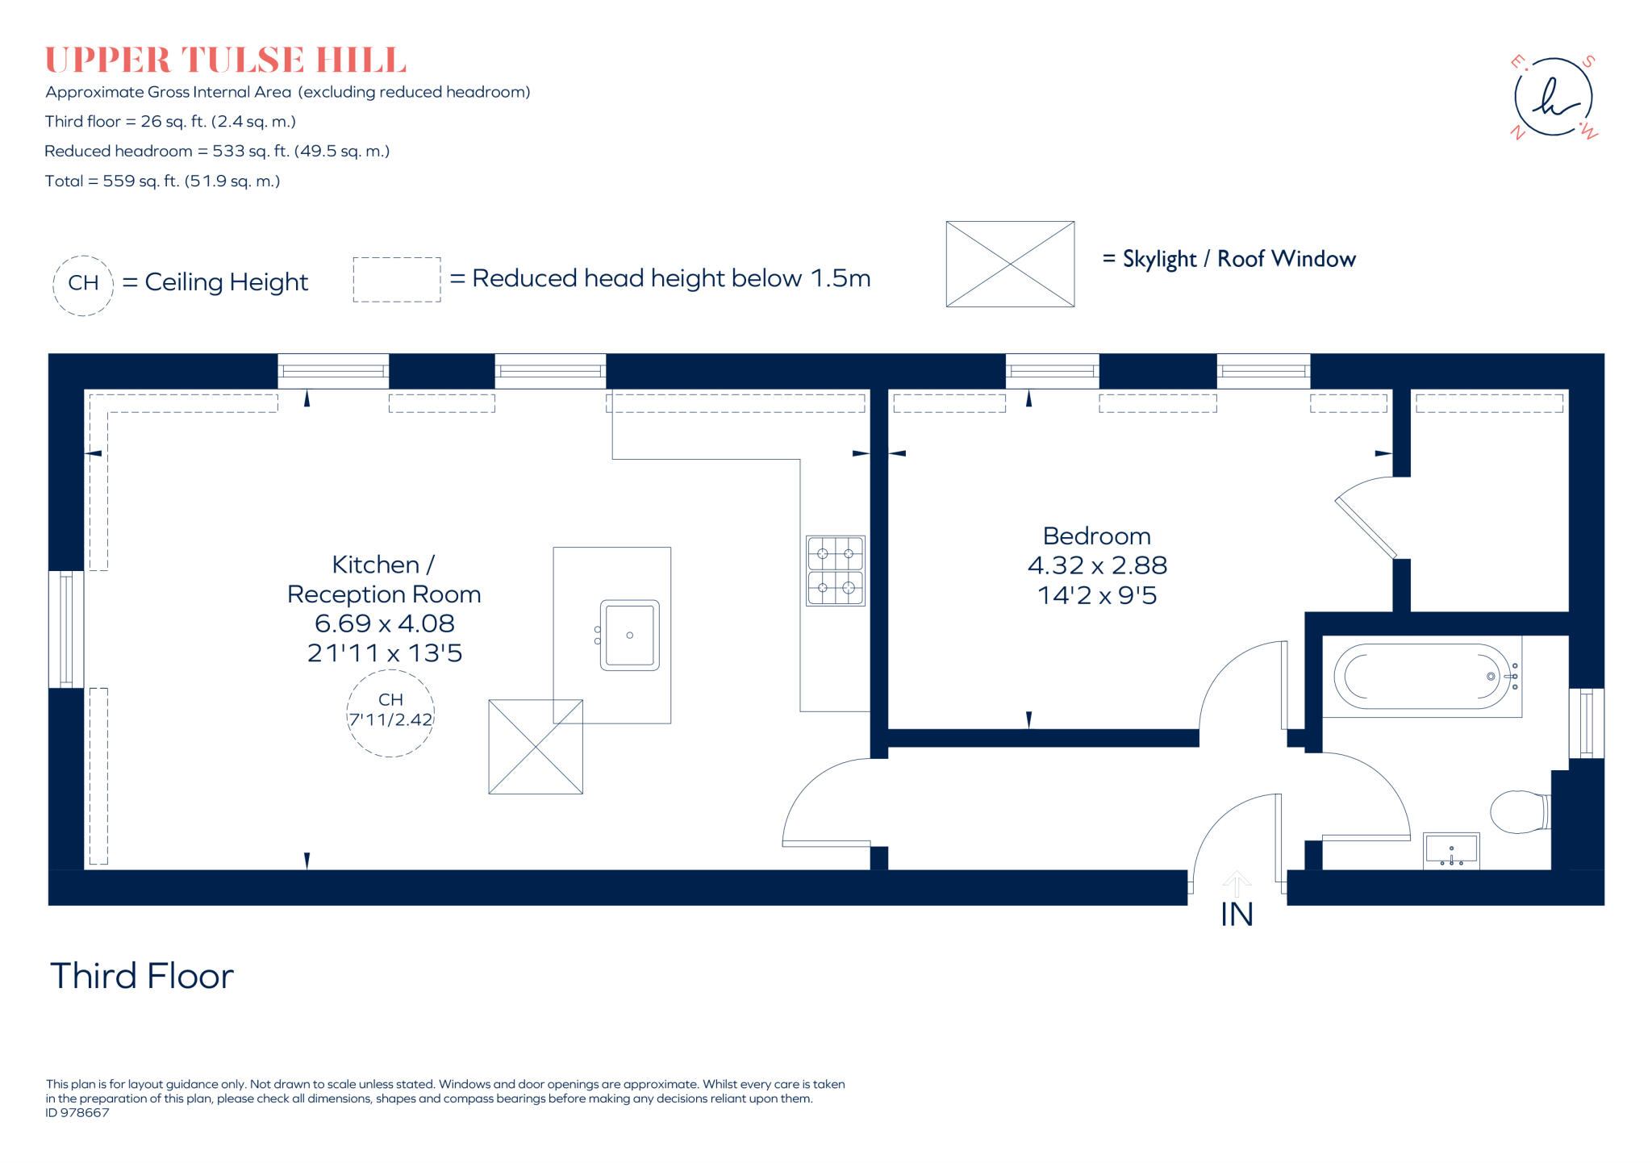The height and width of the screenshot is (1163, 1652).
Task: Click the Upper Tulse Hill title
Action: click(226, 60)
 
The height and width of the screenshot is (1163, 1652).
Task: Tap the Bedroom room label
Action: click(1096, 536)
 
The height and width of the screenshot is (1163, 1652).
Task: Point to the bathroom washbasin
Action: click(1451, 851)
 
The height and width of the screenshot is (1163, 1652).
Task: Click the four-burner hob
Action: click(836, 571)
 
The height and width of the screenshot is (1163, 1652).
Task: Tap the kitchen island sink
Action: click(629, 636)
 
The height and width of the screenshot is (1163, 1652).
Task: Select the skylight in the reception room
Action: click(536, 747)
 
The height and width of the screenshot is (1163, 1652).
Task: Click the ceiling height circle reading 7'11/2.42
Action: click(390, 713)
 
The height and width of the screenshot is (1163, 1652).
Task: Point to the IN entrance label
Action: click(1237, 915)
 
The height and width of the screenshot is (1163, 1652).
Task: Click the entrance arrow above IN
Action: click(1237, 882)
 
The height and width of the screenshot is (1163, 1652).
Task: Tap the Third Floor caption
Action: click(142, 976)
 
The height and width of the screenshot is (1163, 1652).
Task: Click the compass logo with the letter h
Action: click(1554, 98)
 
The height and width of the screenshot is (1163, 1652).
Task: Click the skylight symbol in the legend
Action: click(1010, 264)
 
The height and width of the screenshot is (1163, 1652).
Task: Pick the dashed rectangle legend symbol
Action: click(397, 280)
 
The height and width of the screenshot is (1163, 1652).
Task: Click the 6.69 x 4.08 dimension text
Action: click(385, 623)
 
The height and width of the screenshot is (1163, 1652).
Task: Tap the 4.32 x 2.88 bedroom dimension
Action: click(1097, 565)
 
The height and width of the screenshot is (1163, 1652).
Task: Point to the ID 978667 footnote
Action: click(77, 1113)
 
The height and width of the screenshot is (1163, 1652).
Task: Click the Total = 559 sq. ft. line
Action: click(163, 181)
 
